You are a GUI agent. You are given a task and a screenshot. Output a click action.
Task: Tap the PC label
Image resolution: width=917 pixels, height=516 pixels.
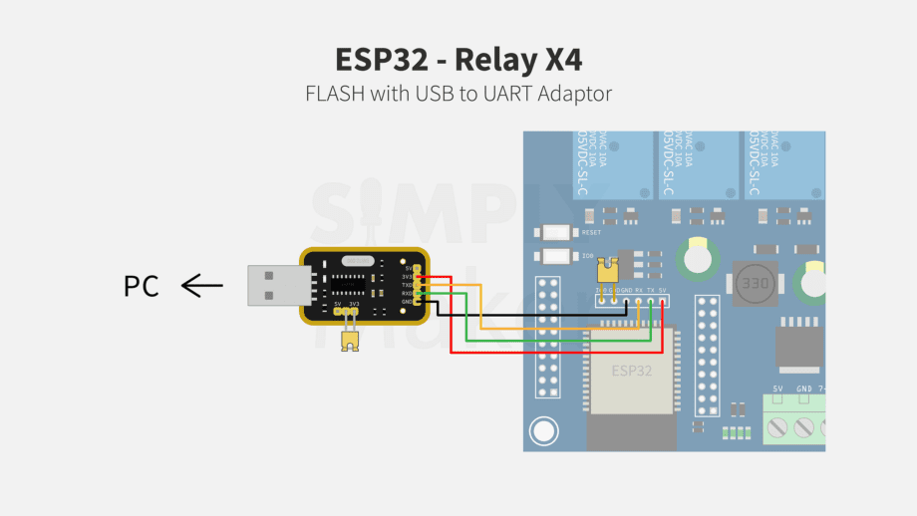click(x=141, y=287)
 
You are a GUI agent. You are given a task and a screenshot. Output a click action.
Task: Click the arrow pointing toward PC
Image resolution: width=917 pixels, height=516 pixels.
click(x=202, y=287)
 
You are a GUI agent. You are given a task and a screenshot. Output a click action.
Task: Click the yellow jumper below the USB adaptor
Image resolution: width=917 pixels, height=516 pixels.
click(x=349, y=340)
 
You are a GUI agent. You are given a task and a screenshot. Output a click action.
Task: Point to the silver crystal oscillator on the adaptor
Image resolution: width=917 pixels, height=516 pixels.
click(x=355, y=260)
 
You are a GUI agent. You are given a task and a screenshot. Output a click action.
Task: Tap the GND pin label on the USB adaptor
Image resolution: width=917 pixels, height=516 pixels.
click(x=407, y=302)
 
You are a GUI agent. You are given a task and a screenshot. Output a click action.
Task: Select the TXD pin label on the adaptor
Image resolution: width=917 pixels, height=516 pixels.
click(x=407, y=285)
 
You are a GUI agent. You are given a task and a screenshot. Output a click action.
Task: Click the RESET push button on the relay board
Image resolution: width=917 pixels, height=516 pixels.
click(x=554, y=232)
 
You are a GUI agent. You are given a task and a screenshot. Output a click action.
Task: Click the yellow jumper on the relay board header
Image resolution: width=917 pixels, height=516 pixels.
click(x=605, y=269)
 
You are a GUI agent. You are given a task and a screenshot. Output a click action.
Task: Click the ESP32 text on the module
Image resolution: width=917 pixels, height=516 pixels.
click(x=631, y=371)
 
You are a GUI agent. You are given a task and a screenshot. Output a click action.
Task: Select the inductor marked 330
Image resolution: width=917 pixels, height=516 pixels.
click(x=755, y=284)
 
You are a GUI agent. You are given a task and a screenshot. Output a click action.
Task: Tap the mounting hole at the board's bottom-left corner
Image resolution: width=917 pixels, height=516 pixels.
click(x=543, y=431)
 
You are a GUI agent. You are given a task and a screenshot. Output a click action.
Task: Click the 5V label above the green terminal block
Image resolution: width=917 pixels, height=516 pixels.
click(x=777, y=387)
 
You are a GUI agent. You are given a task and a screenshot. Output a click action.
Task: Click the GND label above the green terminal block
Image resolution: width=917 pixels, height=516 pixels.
click(x=803, y=387)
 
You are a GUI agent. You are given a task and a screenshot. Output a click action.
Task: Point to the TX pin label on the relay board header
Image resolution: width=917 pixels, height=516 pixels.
click(x=650, y=290)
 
